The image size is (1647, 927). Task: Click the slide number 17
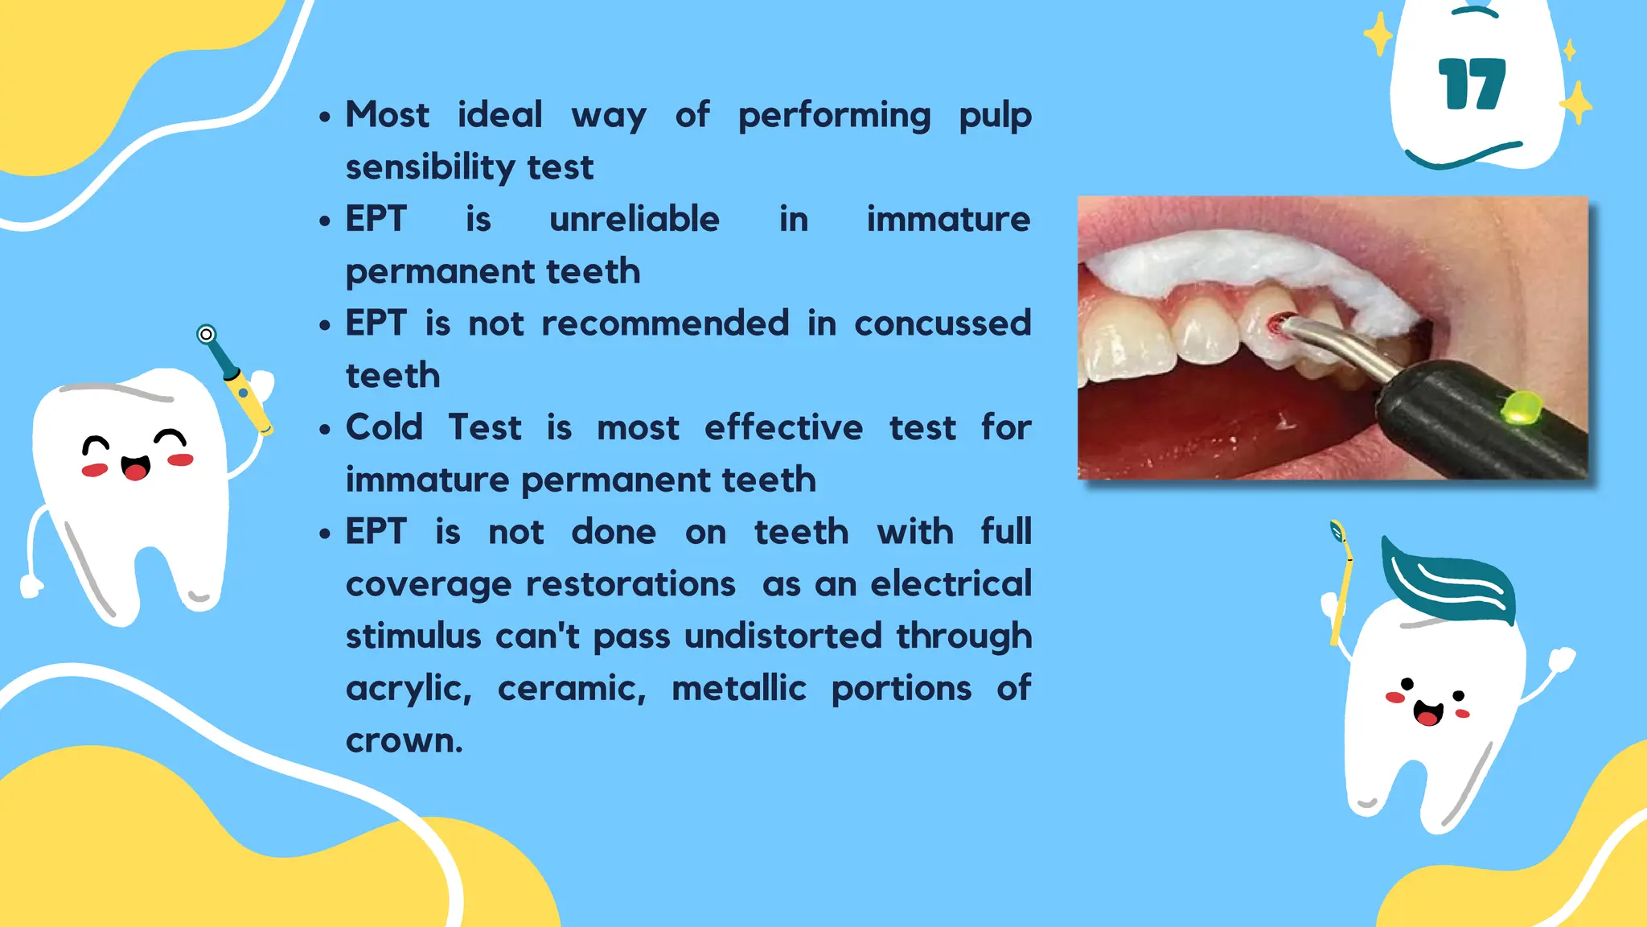1472,84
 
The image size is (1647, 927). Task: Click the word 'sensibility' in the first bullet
432,167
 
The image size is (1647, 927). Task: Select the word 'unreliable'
635,219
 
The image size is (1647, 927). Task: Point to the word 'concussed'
942,323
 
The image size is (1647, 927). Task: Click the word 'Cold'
384,427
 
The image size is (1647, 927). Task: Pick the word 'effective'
783,427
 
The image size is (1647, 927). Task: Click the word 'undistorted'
783,636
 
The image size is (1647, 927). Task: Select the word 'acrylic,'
409,689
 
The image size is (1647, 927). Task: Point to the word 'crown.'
404,740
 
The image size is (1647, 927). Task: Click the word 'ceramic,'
572,689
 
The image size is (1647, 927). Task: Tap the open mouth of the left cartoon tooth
136,468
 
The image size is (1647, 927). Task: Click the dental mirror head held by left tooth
207,333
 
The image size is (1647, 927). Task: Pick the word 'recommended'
665,323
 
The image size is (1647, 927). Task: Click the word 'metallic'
738,689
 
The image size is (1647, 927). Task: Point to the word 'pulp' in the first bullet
995,116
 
